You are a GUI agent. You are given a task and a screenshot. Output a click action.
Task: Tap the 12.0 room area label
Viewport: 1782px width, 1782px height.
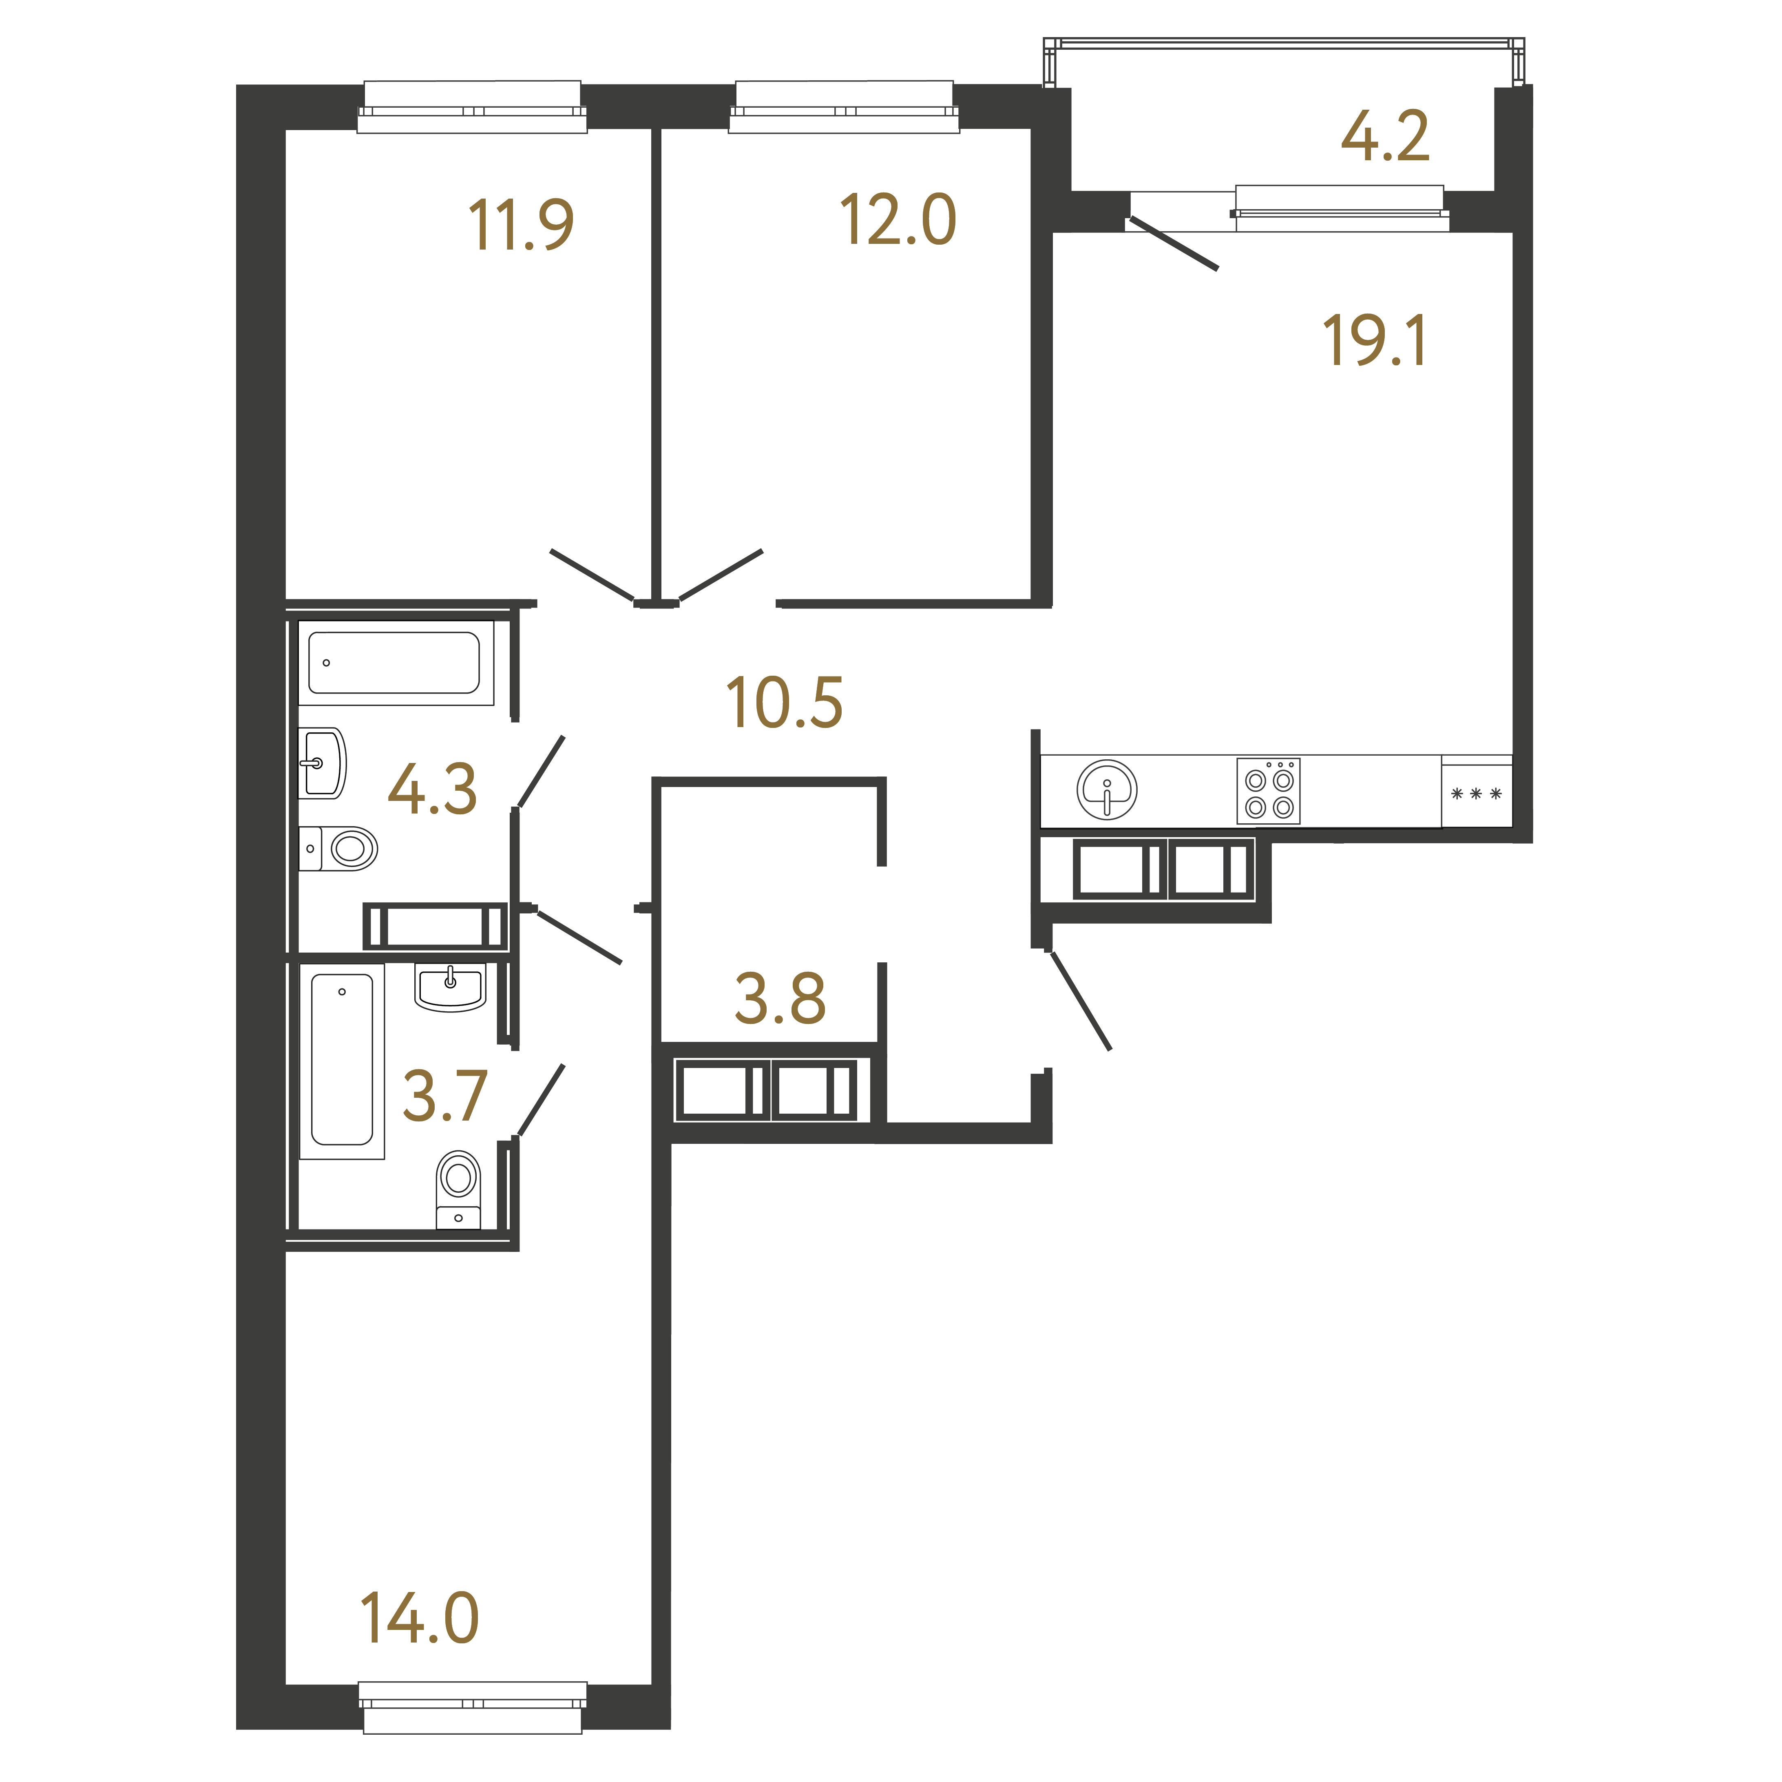click(898, 221)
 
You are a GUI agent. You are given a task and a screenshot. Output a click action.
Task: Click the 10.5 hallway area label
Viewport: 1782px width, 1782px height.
click(784, 703)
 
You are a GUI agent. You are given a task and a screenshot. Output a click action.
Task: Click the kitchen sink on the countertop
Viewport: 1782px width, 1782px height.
click(1107, 789)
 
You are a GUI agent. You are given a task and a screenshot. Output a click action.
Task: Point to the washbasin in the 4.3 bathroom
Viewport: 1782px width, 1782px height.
click(322, 763)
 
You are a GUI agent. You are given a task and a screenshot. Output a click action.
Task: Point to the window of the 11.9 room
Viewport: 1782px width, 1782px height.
click(472, 107)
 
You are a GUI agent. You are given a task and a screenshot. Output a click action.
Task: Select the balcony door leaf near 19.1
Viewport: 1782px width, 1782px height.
click(1173, 243)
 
